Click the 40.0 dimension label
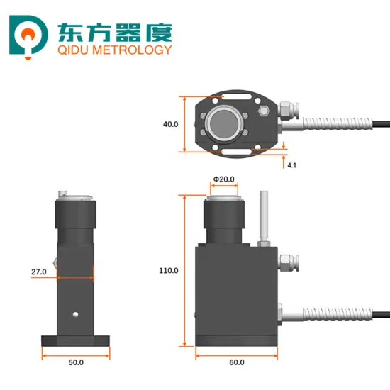point(170,124)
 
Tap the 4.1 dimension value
point(291,165)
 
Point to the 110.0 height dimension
point(169,270)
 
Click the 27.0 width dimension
point(39,272)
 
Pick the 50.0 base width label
point(76,362)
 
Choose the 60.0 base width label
point(237,362)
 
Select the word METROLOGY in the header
point(134,50)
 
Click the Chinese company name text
point(112,30)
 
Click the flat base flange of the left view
point(76,341)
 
